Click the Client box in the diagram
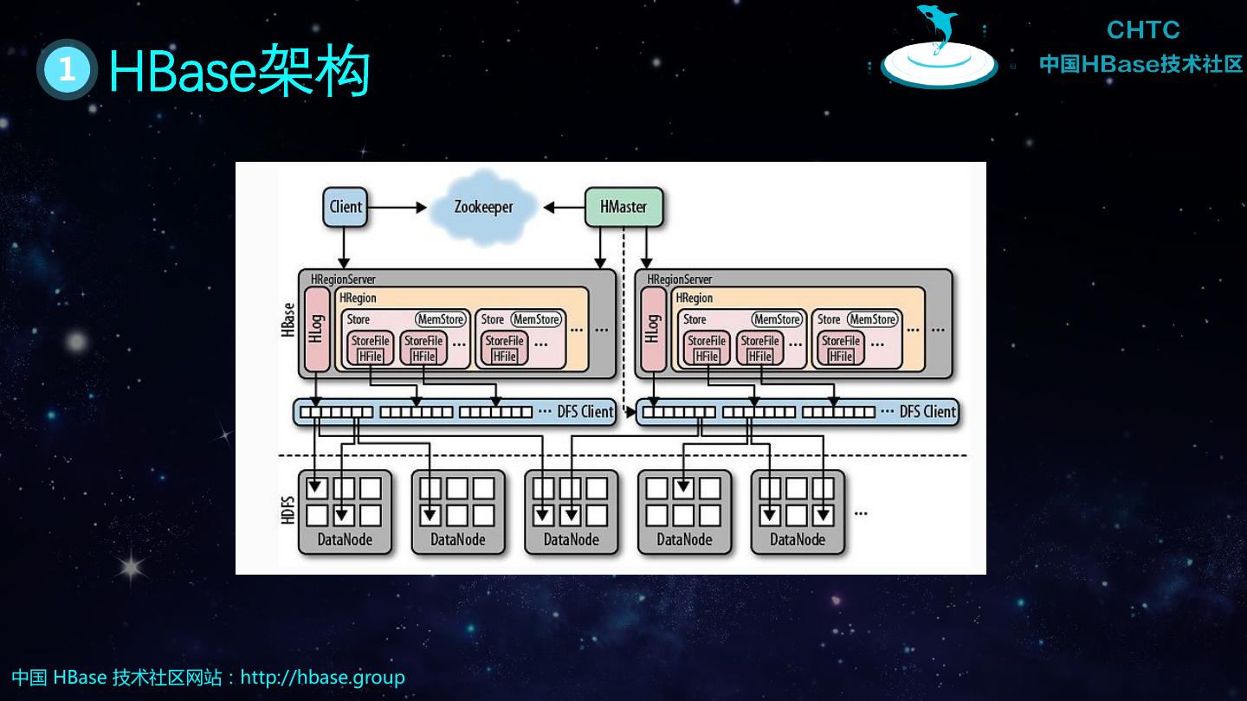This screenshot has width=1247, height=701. coord(346,207)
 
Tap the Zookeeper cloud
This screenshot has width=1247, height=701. coord(483,208)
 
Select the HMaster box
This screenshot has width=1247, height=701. coord(623,207)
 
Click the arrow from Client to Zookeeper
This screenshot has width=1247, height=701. coord(397,208)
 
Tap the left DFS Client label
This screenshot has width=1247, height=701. coord(585,412)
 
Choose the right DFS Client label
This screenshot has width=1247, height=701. coord(927,412)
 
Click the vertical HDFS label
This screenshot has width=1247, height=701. coord(288,511)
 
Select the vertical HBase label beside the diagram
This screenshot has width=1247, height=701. coord(288,319)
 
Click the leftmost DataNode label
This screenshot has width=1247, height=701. coord(345,540)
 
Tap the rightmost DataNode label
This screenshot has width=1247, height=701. coord(798,540)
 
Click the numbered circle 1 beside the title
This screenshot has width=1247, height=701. coord(66,70)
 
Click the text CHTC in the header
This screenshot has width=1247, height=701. coord(1143,30)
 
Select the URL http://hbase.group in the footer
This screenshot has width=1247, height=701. coord(322,677)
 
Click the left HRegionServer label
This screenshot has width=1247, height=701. coord(343,280)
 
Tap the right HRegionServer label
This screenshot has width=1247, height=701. coord(680,280)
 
